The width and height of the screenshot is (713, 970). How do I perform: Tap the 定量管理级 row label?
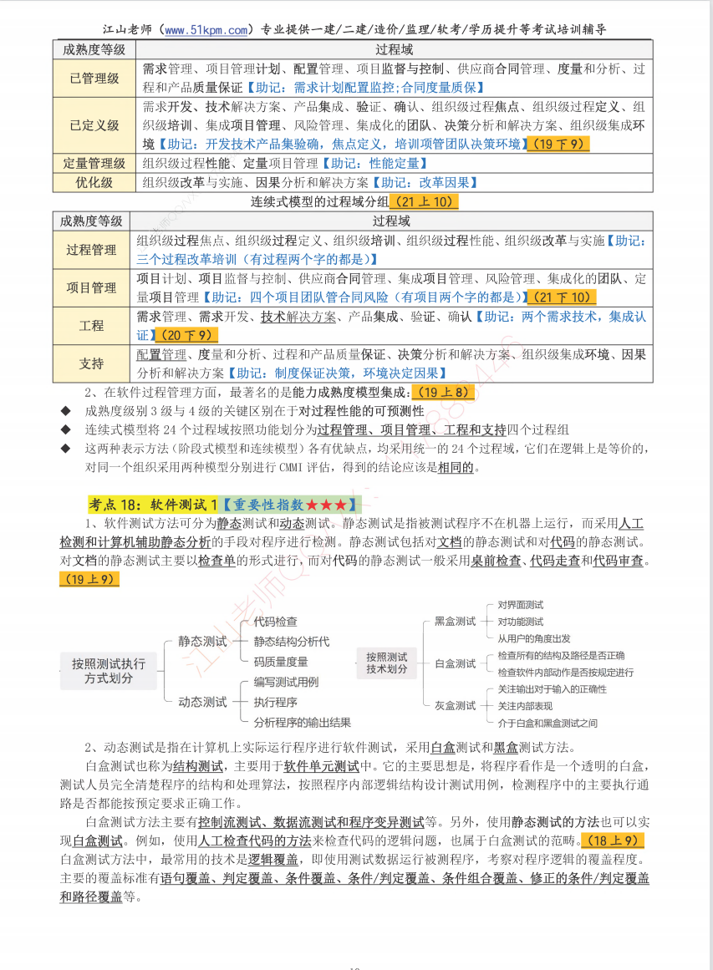(94, 163)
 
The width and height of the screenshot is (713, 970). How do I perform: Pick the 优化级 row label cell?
(94, 182)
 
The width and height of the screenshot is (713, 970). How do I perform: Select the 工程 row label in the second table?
(92, 326)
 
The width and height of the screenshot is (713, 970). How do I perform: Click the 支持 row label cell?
(92, 363)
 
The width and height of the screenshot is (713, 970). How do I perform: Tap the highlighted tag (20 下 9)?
(186, 335)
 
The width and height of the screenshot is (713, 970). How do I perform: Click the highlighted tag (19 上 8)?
(444, 392)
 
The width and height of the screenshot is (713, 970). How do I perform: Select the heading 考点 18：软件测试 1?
(154, 505)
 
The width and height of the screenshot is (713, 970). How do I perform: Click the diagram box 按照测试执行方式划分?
(109, 671)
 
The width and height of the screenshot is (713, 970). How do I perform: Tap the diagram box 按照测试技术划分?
(386, 663)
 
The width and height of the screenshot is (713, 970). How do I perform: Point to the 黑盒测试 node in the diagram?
(456, 622)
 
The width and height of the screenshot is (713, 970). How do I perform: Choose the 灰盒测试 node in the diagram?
(456, 706)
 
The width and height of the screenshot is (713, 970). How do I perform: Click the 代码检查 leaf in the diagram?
(276, 622)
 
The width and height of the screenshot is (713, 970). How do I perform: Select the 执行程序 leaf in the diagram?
(276, 702)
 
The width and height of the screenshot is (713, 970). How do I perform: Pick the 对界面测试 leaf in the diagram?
(520, 605)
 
